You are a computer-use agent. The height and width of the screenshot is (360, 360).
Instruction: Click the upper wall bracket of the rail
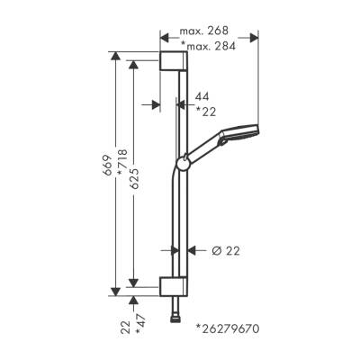pyautogui.click(x=176, y=62)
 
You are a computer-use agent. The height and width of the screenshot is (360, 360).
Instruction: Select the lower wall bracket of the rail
pyautogui.click(x=176, y=286)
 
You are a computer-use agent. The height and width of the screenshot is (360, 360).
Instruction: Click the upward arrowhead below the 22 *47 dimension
pyautogui.click(x=132, y=300)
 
